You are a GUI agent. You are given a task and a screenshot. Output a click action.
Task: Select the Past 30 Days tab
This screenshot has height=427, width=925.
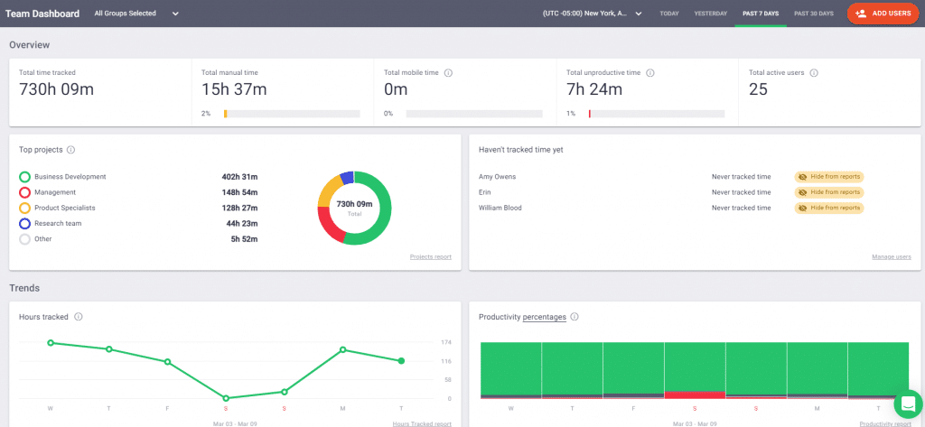pyautogui.click(x=813, y=14)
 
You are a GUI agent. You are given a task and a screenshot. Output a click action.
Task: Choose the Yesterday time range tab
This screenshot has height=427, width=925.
pyautogui.click(x=710, y=14)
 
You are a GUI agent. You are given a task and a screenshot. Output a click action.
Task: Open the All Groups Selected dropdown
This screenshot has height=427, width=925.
pyautogui.click(x=136, y=14)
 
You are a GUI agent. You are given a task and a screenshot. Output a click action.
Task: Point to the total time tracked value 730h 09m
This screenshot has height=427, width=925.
pyautogui.click(x=56, y=88)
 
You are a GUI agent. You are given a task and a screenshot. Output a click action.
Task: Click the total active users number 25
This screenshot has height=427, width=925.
pyautogui.click(x=759, y=88)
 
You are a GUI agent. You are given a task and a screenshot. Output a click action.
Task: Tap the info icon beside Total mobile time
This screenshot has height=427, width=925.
pyautogui.click(x=449, y=72)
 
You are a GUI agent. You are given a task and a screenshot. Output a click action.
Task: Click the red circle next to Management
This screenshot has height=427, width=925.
pyautogui.click(x=24, y=192)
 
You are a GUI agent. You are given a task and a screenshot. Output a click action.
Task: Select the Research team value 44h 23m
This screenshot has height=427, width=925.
pyautogui.click(x=240, y=223)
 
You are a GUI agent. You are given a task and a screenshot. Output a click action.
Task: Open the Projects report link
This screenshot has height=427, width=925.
pyautogui.click(x=430, y=256)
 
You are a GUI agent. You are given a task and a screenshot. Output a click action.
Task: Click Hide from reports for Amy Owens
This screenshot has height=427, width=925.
pyautogui.click(x=829, y=177)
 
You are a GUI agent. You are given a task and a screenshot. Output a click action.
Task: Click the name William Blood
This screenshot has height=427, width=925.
pyautogui.click(x=500, y=208)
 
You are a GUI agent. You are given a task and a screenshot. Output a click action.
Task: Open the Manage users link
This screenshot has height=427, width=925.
pyautogui.click(x=891, y=256)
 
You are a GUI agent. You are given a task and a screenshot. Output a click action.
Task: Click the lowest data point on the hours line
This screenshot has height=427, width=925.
pyautogui.click(x=225, y=398)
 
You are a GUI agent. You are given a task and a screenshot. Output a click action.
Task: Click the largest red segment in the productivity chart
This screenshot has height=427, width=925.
pyautogui.click(x=694, y=395)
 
